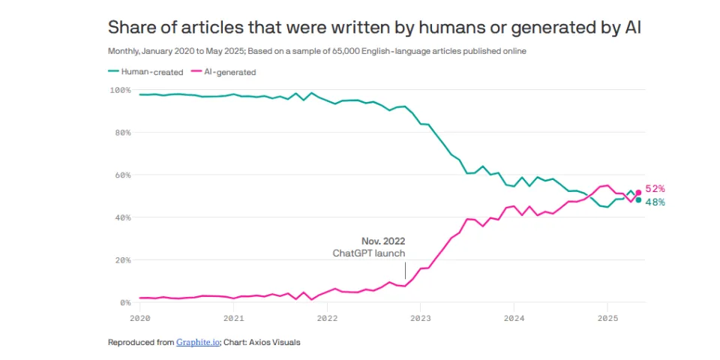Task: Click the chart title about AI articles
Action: tap(374, 27)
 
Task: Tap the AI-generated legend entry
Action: tap(224, 72)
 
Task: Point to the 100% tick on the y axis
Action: tap(120, 90)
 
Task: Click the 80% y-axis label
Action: tap(122, 133)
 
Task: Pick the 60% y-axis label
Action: tap(122, 175)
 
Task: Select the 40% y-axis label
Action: tap(122, 217)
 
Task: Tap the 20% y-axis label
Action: tap(122, 260)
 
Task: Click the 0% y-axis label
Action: tap(124, 303)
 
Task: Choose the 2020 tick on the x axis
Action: tap(140, 317)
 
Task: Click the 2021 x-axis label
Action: tap(233, 317)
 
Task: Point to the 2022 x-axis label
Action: tap(327, 317)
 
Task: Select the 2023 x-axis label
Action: tap(420, 317)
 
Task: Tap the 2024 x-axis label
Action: tap(514, 317)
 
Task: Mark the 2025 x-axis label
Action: tap(607, 317)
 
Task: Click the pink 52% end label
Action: tap(655, 189)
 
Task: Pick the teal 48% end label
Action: tap(655, 202)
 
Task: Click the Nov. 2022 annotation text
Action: tap(383, 241)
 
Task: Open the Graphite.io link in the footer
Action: tap(197, 343)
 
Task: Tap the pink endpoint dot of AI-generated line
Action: tap(638, 193)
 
